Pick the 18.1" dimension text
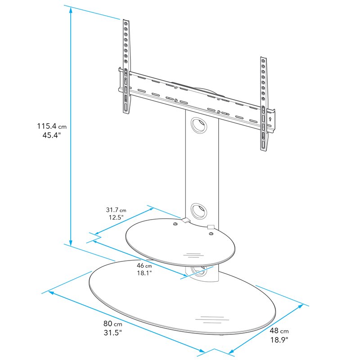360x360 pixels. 144,273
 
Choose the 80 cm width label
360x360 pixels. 112,324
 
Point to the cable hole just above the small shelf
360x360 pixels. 198,210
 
